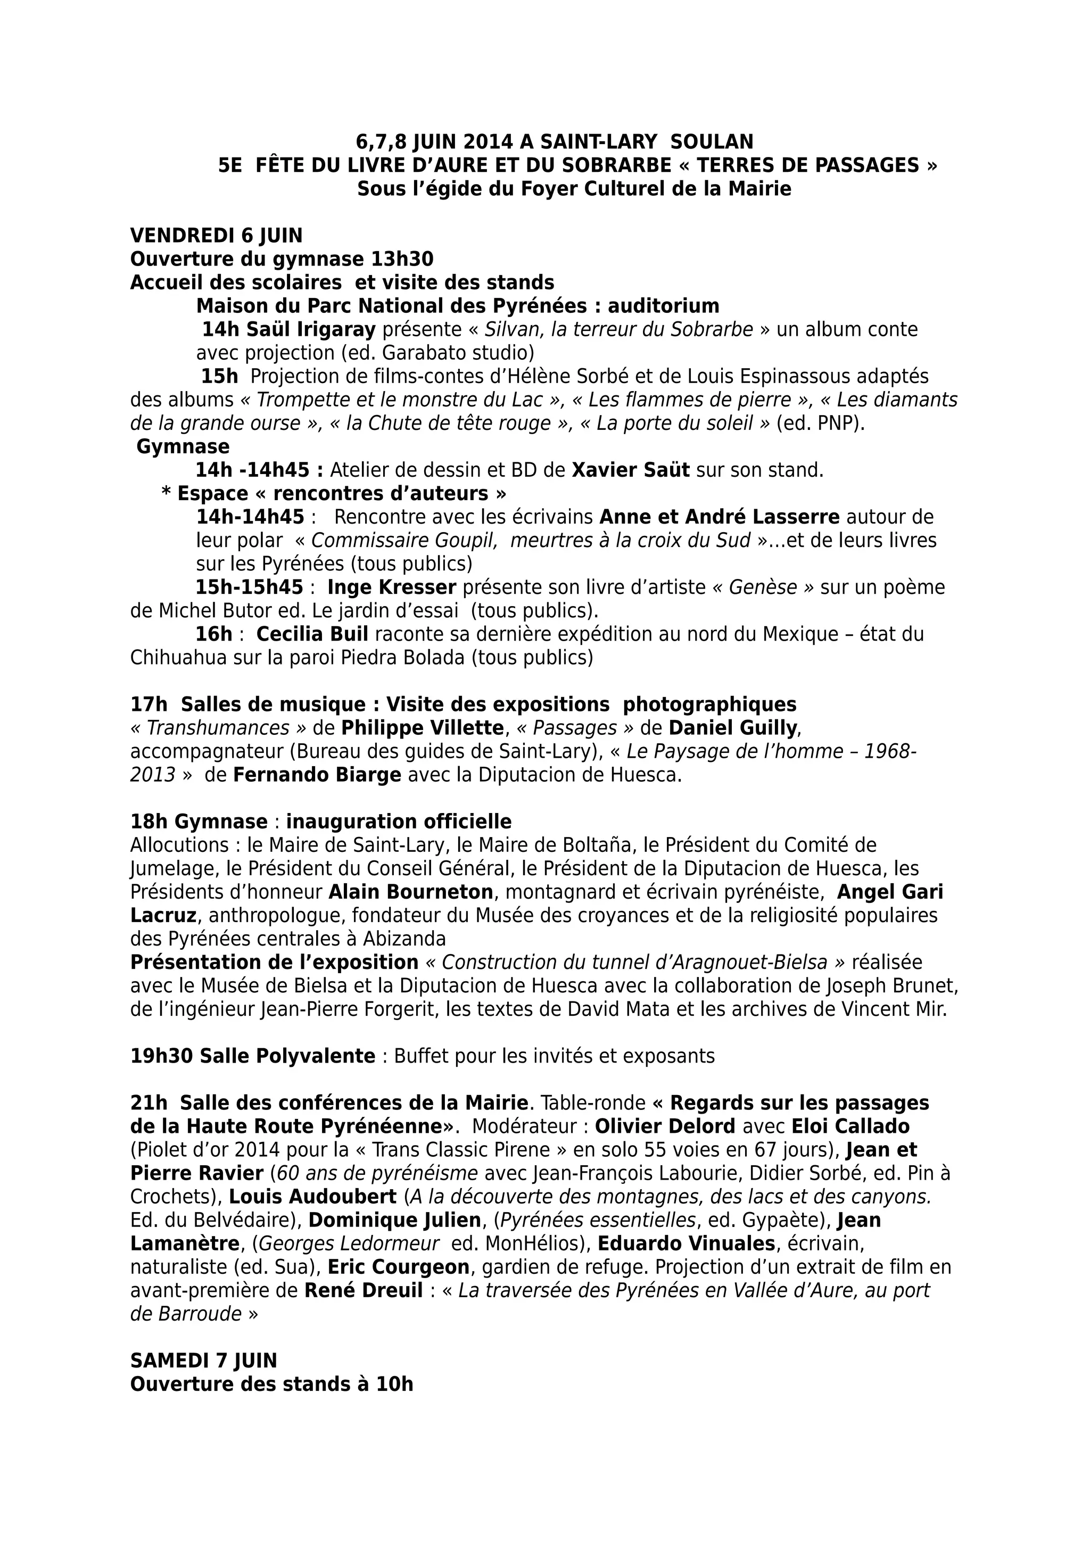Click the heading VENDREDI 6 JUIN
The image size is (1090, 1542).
pos(216,236)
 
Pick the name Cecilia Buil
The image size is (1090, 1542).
pos(312,635)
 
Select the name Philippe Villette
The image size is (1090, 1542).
pos(423,728)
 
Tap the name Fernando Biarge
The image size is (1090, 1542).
pos(317,775)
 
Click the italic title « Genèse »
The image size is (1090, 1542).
pos(762,587)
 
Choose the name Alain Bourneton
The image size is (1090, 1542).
pos(410,892)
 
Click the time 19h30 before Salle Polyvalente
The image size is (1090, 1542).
pos(162,1056)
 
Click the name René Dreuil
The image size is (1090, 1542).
pos(364,1291)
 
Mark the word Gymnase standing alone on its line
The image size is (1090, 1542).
pos(183,446)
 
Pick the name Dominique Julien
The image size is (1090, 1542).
pos(395,1220)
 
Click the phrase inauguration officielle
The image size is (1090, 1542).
pos(399,822)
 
